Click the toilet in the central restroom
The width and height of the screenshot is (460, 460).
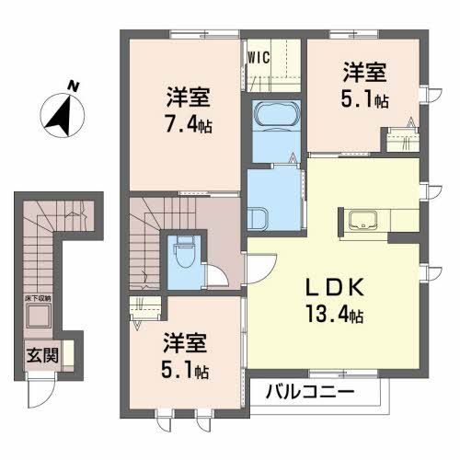180,248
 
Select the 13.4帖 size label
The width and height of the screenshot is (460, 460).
333,316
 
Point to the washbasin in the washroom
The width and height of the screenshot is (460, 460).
259,218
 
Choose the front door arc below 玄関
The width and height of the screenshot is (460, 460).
40,394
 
